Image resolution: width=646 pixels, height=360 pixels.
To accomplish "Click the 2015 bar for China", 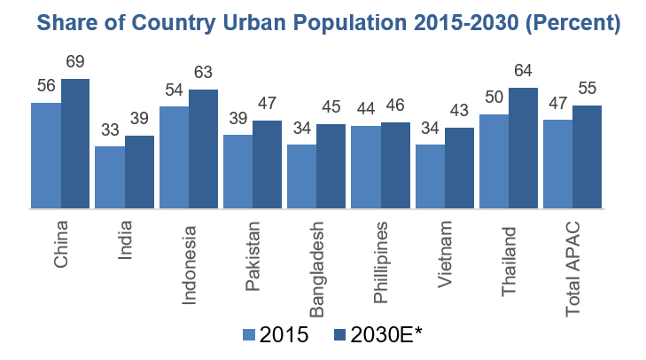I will click(46, 156).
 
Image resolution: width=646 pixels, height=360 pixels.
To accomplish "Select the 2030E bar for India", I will click(140, 173).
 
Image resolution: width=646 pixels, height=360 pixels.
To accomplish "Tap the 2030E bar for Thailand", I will click(523, 149).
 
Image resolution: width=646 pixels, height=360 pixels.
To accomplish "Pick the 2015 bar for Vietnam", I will click(430, 177).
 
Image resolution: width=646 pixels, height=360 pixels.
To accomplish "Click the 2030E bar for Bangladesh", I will click(331, 167).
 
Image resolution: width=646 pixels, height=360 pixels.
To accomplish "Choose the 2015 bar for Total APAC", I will click(557, 165).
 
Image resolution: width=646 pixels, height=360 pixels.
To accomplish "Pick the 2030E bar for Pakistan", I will click(268, 165).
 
